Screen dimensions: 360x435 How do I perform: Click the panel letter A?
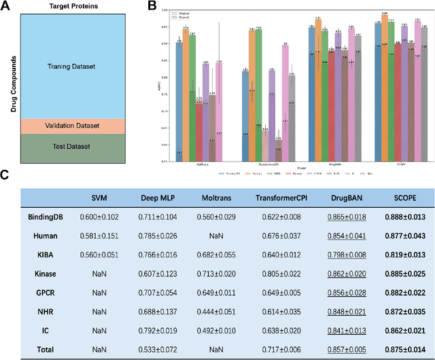coord(5,7)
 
